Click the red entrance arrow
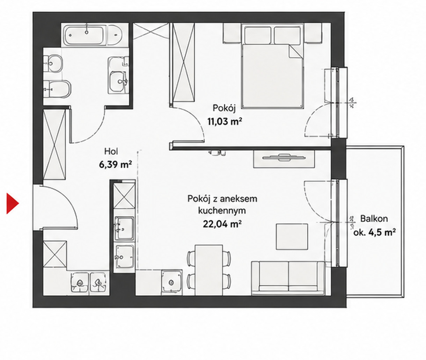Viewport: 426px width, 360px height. click(x=12, y=203)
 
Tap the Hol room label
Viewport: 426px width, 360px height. click(x=111, y=151)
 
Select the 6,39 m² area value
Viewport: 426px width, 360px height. click(x=115, y=164)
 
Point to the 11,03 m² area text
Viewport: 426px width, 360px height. click(x=225, y=122)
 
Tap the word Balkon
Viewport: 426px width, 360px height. click(x=374, y=219)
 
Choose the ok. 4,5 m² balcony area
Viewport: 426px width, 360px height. click(x=375, y=232)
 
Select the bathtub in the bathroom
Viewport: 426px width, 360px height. click(x=85, y=35)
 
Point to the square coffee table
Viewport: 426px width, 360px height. click(x=292, y=237)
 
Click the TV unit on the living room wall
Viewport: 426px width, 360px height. click(x=284, y=159)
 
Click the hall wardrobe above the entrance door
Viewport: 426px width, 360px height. click(x=54, y=145)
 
